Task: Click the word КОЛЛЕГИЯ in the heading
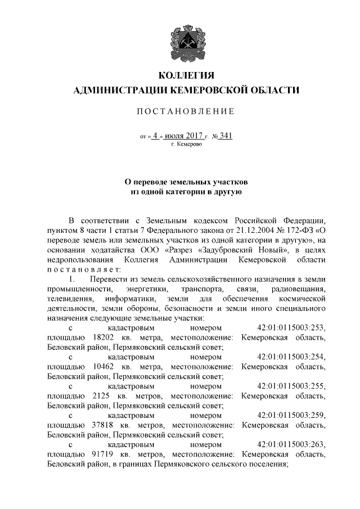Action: [x=186, y=75]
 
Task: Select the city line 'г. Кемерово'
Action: [x=186, y=145]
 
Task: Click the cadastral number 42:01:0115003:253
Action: [x=291, y=327]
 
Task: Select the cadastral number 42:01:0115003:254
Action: [x=291, y=357]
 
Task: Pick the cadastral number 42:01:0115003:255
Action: [x=291, y=386]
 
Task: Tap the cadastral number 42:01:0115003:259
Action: [x=291, y=415]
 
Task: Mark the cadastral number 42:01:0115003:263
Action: [x=291, y=444]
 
